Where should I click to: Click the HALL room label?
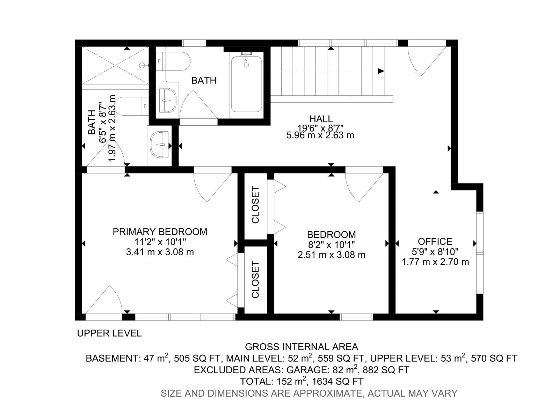(320, 119)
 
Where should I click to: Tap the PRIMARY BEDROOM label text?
(160, 232)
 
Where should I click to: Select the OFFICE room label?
(435, 242)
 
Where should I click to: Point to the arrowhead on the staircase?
(381, 71)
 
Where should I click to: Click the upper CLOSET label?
(255, 205)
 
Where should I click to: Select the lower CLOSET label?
(255, 280)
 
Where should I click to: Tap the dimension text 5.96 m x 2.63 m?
(320, 135)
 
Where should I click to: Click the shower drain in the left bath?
(141, 65)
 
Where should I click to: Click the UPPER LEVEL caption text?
(109, 333)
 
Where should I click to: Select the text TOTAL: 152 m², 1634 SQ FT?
(302, 381)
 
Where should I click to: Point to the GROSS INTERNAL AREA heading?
(301, 347)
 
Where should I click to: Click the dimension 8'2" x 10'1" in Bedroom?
(331, 245)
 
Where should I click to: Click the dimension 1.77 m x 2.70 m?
(435, 262)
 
